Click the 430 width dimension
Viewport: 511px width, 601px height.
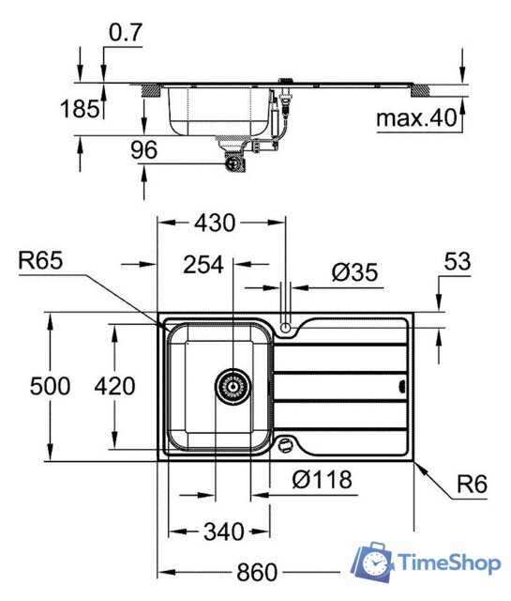point(215,223)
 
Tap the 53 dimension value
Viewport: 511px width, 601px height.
point(457,265)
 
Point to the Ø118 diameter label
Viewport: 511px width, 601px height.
point(322,480)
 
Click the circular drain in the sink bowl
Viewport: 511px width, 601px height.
point(231,386)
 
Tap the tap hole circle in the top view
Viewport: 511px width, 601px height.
point(285,328)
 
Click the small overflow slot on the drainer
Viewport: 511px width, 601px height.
point(402,386)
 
